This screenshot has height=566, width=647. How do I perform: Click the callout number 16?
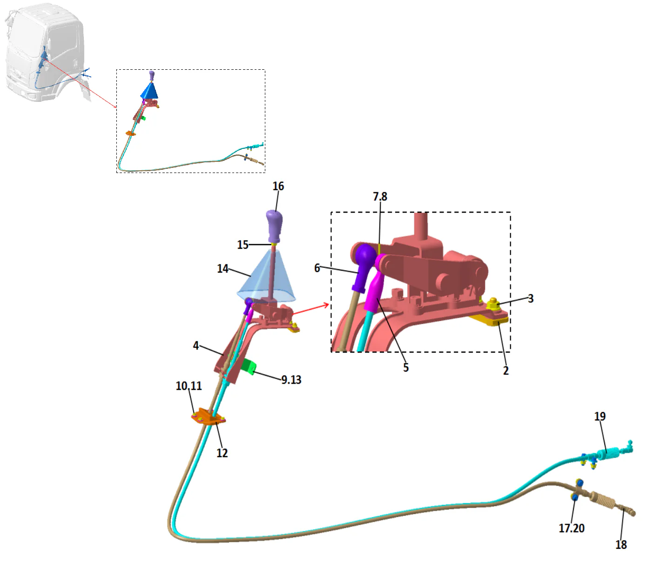pos(278,186)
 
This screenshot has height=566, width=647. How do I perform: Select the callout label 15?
pos(243,245)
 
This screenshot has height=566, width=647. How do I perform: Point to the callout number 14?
pos(222,268)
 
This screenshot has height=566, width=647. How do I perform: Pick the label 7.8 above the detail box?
pos(380,196)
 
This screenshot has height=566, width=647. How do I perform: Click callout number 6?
pos(317,268)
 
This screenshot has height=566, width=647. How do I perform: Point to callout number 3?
pos(531,298)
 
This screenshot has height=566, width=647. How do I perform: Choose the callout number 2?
pos(505,370)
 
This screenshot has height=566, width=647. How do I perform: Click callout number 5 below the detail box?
pos(406,367)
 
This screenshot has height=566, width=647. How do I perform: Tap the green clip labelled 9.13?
pos(249,367)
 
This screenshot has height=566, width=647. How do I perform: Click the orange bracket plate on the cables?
pos(207,417)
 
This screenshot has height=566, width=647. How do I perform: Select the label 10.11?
pos(189,386)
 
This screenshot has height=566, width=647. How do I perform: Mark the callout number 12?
pos(222,453)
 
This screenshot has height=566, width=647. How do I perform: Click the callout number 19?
pos(600,416)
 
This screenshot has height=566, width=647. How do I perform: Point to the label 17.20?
pos(571,528)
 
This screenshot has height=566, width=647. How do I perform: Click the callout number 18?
pos(621,544)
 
